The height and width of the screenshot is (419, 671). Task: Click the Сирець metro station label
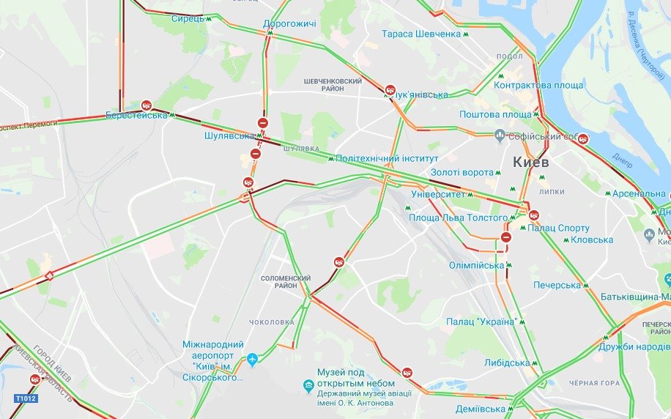(188, 18)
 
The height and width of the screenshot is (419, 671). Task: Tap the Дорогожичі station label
(289, 24)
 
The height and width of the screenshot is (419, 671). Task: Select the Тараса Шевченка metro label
(420, 34)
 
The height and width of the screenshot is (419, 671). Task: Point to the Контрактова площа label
(538, 86)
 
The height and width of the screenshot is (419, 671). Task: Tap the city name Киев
(531, 161)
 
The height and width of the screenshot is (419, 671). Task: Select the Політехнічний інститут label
(387, 158)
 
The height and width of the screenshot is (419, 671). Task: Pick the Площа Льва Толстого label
(458, 218)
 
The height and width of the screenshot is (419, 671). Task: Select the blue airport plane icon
(253, 360)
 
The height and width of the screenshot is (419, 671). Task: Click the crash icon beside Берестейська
(147, 105)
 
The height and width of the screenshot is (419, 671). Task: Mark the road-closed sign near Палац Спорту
(506, 237)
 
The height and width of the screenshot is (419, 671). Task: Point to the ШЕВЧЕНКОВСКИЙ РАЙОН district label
(333, 84)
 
